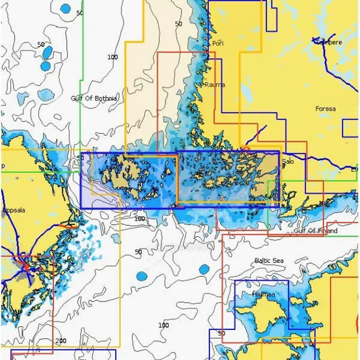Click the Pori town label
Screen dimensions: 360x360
(x=217, y=44)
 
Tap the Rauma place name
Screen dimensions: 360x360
(x=215, y=85)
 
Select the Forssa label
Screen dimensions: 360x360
(x=325, y=109)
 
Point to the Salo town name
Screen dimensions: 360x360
(x=288, y=161)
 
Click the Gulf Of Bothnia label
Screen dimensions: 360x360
(x=94, y=98)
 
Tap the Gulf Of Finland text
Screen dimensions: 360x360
(x=316, y=230)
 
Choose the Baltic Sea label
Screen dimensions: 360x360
(x=269, y=260)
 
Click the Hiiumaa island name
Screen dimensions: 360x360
(x=263, y=295)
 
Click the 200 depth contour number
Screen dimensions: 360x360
(x=61, y=340)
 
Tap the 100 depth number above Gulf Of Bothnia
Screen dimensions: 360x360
(x=113, y=57)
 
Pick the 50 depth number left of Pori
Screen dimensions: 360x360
(x=178, y=24)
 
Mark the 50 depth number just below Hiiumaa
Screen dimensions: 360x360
(x=222, y=333)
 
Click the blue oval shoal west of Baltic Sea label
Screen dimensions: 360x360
(x=204, y=269)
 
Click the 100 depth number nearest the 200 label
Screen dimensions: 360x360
(x=163, y=325)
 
